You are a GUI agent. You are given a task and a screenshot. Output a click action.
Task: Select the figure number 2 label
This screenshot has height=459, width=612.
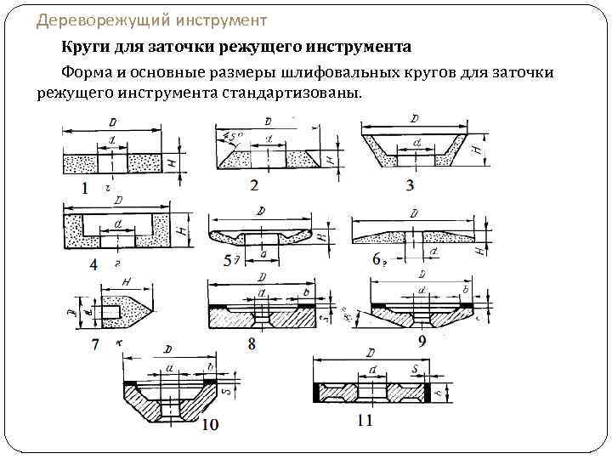254,184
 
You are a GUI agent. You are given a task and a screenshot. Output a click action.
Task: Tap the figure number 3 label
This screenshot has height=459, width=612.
410,185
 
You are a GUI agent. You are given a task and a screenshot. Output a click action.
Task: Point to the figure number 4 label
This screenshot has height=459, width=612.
93,264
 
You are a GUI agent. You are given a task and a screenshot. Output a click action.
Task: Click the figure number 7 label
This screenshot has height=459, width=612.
96,344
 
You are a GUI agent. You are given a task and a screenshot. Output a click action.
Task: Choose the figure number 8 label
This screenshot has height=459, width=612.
252,343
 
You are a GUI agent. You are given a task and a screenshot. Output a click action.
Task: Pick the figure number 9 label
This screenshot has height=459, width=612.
422,341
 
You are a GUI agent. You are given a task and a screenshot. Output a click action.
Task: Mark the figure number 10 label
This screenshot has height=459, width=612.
210,424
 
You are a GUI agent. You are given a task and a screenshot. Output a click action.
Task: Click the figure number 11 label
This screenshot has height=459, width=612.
365,421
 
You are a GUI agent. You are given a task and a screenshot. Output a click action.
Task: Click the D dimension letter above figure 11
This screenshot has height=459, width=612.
371,351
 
